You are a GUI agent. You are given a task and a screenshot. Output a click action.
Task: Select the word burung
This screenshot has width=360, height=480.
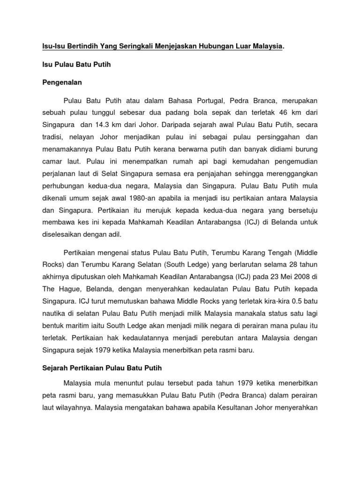(x=307, y=150)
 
